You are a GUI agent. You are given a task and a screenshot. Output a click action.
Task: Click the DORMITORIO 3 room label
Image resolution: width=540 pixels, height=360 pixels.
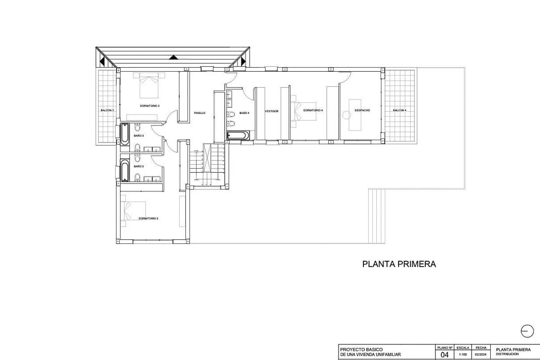click(150, 106)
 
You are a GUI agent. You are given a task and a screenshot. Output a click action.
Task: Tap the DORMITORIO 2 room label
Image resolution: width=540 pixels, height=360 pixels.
click(148, 218)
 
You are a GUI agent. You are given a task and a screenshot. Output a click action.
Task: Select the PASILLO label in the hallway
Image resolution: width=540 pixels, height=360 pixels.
click(200, 113)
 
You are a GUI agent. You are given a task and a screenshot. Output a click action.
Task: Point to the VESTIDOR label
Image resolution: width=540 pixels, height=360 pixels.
click(271, 111)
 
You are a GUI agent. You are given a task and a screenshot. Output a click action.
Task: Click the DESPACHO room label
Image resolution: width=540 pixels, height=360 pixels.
click(362, 111)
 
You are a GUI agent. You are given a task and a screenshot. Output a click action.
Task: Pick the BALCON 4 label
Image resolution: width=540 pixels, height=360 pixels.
click(399, 111)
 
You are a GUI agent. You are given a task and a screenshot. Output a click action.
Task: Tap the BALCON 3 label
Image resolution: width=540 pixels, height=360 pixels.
click(107, 111)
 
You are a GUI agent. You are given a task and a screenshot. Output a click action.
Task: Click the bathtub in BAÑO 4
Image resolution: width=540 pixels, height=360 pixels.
click(238, 136)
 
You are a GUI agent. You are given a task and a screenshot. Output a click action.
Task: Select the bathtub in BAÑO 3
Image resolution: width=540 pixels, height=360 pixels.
click(125, 134)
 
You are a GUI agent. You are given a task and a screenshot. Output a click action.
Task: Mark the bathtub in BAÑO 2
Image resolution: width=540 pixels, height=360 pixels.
click(125, 170)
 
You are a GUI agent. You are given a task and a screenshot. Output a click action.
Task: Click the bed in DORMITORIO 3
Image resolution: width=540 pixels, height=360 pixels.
click(149, 84)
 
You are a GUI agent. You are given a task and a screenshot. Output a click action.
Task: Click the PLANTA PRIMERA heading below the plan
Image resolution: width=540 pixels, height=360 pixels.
click(399, 264)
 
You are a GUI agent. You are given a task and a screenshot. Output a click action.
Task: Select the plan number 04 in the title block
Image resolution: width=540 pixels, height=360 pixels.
click(444, 354)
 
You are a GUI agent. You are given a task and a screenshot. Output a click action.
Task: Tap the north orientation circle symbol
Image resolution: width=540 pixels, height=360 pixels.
click(527, 331)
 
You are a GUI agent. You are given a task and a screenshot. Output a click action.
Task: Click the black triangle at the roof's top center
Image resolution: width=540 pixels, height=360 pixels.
click(174, 57)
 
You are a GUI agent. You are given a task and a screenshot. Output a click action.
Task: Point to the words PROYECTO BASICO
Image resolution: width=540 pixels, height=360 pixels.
click(361, 350)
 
